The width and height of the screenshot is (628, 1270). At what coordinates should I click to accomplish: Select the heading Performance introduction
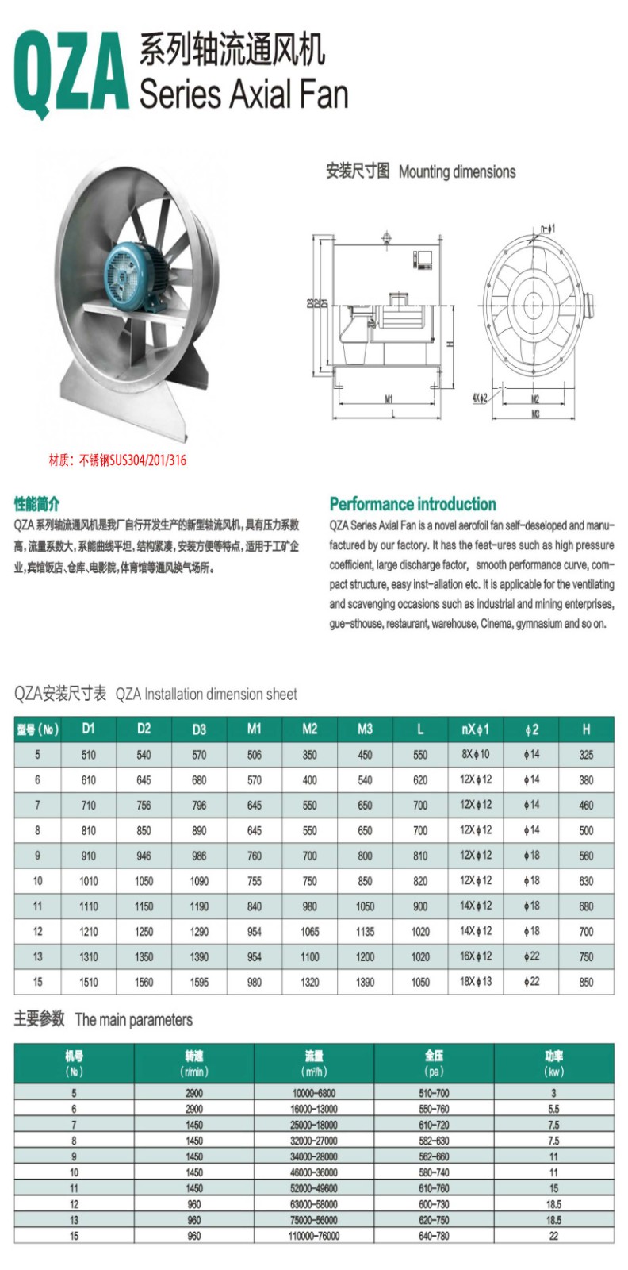point(412,504)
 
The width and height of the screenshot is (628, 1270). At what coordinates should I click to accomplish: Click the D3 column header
point(199,729)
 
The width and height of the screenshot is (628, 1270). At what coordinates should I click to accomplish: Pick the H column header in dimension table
point(586,729)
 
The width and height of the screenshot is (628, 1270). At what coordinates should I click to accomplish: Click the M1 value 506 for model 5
point(255,755)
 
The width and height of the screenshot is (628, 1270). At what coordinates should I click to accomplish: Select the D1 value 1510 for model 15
point(89,982)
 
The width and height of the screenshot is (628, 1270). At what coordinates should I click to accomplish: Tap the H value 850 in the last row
point(586,982)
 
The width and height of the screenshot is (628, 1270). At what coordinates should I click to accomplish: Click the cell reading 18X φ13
point(476,981)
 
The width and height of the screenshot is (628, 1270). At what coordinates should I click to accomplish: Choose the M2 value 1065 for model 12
point(310,932)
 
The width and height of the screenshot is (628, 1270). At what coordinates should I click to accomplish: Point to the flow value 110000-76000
point(314,1236)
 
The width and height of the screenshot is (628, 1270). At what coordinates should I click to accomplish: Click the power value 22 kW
point(553,1236)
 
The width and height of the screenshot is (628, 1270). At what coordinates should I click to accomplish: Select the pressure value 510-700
point(434,1093)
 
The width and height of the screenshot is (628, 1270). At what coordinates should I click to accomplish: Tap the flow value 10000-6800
point(314,1093)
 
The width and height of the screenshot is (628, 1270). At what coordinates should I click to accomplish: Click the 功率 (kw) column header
point(553,1063)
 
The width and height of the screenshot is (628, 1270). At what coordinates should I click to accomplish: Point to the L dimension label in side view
point(393,414)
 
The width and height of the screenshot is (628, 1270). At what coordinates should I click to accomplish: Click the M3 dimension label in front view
point(535,414)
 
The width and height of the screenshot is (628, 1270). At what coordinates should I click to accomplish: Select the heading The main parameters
point(103,1019)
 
